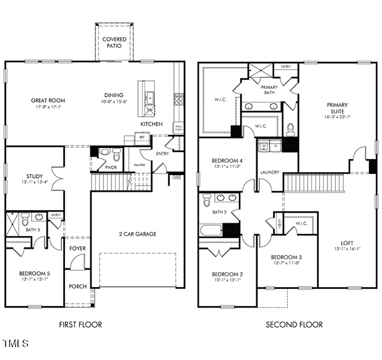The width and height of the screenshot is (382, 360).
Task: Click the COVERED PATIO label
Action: pos(114,43)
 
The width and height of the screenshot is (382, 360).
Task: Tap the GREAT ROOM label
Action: pos(48,100)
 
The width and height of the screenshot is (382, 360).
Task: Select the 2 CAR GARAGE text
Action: pos(137,234)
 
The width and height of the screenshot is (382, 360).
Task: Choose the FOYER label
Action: pos(77,248)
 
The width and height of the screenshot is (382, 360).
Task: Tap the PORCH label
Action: pos(77,286)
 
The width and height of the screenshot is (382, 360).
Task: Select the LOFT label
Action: pos(346,242)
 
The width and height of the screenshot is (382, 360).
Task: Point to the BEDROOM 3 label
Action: pos(286,257)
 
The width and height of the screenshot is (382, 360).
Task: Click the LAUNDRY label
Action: pos(269,172)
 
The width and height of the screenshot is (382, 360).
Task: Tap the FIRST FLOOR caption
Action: pos(80,324)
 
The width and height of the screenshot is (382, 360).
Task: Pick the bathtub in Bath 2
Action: pos(212,230)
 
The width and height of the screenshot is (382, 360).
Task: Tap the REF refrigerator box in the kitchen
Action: pos(142,137)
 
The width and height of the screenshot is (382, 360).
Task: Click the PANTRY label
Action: pos(140,165)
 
